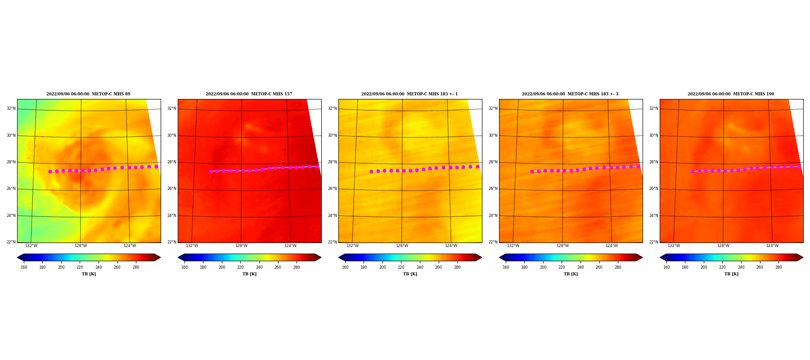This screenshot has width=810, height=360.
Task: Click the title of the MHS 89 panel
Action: [x=88, y=94]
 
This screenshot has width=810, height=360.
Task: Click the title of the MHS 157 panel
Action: [x=249, y=94]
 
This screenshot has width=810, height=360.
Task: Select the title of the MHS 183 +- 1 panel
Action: [x=409, y=94]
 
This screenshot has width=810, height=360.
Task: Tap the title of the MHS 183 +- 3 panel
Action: [x=570, y=94]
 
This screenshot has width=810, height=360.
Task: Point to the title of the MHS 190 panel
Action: [x=731, y=94]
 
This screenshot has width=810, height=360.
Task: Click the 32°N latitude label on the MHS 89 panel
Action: [x=11, y=108]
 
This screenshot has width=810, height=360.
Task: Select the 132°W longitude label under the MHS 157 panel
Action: [x=192, y=246]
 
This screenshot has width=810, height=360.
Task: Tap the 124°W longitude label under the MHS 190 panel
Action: [x=772, y=246]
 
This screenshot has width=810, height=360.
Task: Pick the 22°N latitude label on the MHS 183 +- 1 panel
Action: [x=333, y=242]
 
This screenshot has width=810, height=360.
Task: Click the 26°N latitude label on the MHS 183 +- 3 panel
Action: [x=493, y=189]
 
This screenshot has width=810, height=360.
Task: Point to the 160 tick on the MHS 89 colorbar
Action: [x=24, y=267]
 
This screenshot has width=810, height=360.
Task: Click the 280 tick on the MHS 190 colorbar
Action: [x=778, y=267]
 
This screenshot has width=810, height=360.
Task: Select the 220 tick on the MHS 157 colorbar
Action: [x=240, y=267]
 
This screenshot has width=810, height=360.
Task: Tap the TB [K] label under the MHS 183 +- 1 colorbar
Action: [x=410, y=274]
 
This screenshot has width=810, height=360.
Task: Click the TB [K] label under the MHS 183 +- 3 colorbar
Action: [x=571, y=274]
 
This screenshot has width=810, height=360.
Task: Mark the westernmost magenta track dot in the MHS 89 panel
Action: [x=50, y=171]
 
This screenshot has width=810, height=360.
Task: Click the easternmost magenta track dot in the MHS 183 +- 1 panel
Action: [x=477, y=166]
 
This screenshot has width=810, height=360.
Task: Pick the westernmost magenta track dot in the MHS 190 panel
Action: [x=693, y=171]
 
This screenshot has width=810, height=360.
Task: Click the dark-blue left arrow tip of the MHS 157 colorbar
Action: [x=178, y=257]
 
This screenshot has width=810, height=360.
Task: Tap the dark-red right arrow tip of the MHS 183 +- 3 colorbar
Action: [x=642, y=257]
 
